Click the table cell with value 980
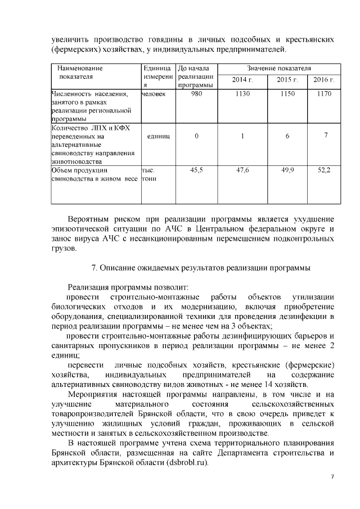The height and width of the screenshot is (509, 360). pyautogui.click(x=196, y=94)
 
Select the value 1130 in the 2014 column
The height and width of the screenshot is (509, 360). pyautogui.click(x=242, y=94)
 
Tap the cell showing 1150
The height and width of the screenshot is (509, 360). pyautogui.click(x=287, y=94)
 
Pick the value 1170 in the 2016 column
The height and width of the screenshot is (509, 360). pyautogui.click(x=324, y=94)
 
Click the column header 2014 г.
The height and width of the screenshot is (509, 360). pyautogui.click(x=242, y=80)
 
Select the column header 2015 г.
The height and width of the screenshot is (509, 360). pyautogui.click(x=287, y=80)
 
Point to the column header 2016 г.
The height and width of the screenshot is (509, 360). pyautogui.click(x=324, y=80)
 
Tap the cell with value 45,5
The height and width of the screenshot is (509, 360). pyautogui.click(x=196, y=169)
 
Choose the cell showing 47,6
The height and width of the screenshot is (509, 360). pyautogui.click(x=242, y=169)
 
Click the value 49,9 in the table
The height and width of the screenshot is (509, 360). pyautogui.click(x=287, y=169)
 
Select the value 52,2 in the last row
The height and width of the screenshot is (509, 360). pyautogui.click(x=324, y=169)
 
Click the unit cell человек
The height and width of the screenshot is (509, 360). pyautogui.click(x=154, y=94)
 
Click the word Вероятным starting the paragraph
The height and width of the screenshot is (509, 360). pyautogui.click(x=90, y=218)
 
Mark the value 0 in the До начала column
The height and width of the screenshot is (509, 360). pyautogui.click(x=196, y=137)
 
